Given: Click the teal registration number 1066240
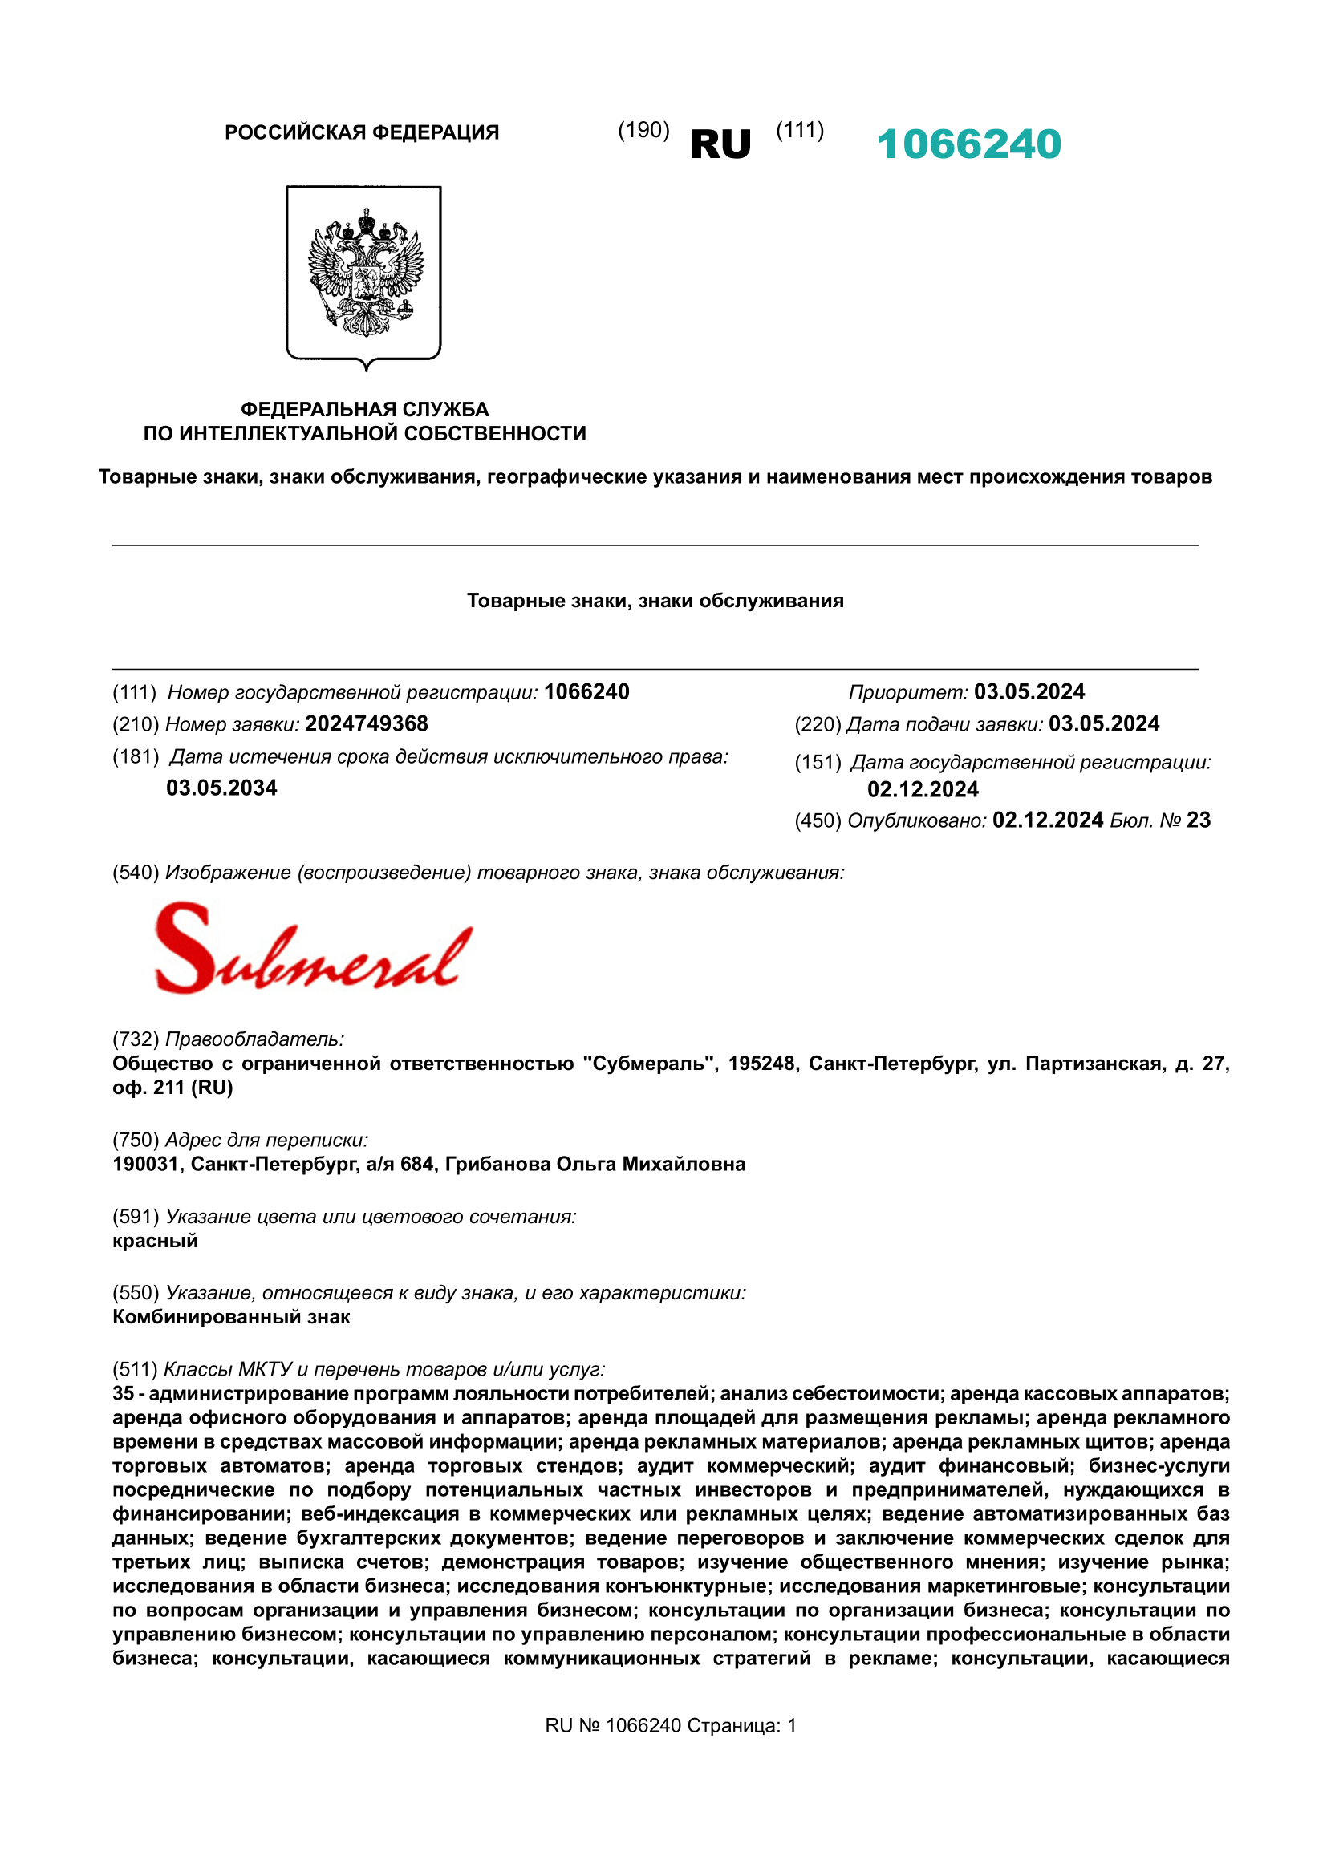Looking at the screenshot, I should (x=968, y=144).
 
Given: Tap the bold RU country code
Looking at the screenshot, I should (x=720, y=144).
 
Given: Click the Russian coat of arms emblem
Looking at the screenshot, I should (x=364, y=275).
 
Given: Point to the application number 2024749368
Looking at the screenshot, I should (x=366, y=724).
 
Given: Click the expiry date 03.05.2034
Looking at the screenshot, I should (x=221, y=788).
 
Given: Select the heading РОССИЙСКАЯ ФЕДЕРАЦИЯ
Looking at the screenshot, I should (x=361, y=132).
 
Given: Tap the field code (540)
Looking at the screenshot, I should (x=136, y=873).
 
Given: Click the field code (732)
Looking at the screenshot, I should (x=136, y=1039).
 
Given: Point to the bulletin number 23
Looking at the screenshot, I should (x=1198, y=820).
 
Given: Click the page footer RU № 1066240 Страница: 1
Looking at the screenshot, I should (x=670, y=1726).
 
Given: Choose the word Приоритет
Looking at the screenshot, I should (x=908, y=692).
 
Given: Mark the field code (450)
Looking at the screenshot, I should (x=818, y=820).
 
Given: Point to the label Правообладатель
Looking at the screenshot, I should (x=255, y=1039).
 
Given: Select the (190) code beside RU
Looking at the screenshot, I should (x=643, y=130).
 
